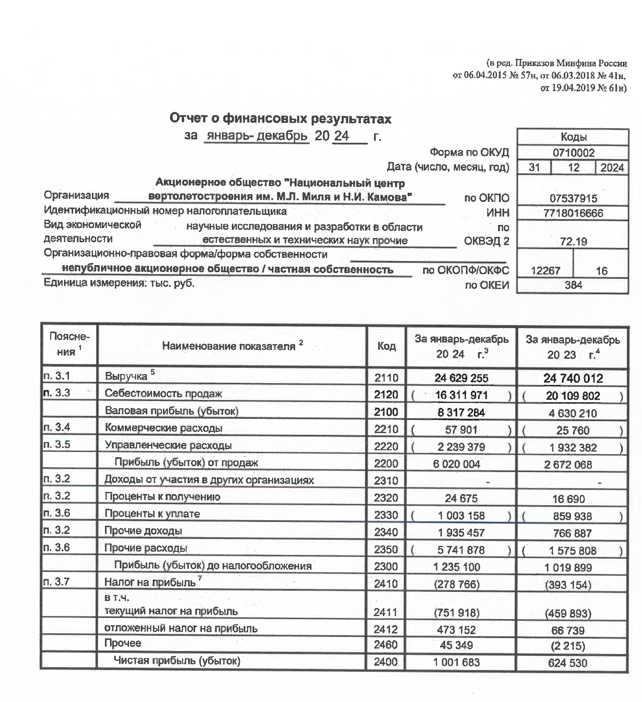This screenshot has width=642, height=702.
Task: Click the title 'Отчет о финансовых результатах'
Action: (x=280, y=118)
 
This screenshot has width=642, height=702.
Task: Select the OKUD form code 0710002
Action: (x=573, y=153)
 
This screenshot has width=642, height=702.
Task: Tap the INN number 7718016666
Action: (x=573, y=213)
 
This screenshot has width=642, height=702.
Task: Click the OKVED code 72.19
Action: (x=573, y=242)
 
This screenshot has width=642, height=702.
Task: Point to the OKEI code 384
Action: (x=573, y=285)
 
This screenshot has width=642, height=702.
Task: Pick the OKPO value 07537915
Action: (x=573, y=198)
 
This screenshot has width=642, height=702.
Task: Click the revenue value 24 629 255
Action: (x=461, y=378)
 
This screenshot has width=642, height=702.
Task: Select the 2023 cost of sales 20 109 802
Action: (x=573, y=395)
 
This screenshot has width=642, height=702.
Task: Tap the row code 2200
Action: (x=386, y=464)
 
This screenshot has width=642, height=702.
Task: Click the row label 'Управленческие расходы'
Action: (x=168, y=446)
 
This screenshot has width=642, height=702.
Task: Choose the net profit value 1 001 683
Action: (x=456, y=662)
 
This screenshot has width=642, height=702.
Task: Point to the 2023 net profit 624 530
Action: (x=567, y=663)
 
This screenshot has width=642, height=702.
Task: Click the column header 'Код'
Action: (x=386, y=346)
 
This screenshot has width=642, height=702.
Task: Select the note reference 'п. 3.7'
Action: (x=57, y=582)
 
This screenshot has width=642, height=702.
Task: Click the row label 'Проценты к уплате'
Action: (x=152, y=514)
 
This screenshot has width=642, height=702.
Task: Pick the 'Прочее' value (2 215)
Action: (x=568, y=646)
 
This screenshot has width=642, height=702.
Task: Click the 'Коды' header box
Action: (x=573, y=137)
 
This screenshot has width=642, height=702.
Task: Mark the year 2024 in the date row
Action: (x=612, y=167)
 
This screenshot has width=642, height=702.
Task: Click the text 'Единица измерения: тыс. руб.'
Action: (x=119, y=283)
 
